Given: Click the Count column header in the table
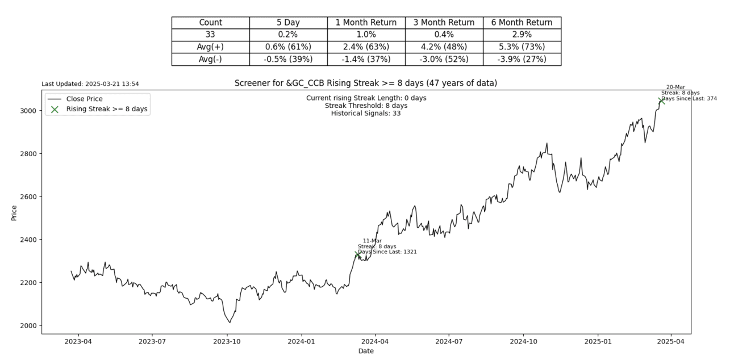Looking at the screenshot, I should click(x=210, y=23).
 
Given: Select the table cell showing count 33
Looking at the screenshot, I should click(x=210, y=35).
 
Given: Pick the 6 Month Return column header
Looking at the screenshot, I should click(x=522, y=23).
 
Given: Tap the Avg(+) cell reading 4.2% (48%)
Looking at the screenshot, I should click(x=444, y=47).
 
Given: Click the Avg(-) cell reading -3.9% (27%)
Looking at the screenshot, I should click(x=522, y=59).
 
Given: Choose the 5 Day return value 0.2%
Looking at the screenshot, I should click(x=288, y=35).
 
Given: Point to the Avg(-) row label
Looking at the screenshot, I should click(x=210, y=59).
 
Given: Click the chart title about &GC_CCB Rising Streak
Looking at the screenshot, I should click(x=366, y=83).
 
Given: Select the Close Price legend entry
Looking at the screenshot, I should click(x=84, y=99).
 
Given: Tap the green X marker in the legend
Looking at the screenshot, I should click(x=55, y=110).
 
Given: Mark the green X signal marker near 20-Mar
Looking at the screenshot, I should click(x=661, y=101).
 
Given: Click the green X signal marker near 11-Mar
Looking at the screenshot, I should click(x=358, y=254).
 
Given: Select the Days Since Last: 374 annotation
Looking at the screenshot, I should click(x=689, y=98).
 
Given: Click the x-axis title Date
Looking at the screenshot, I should click(x=366, y=351).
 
